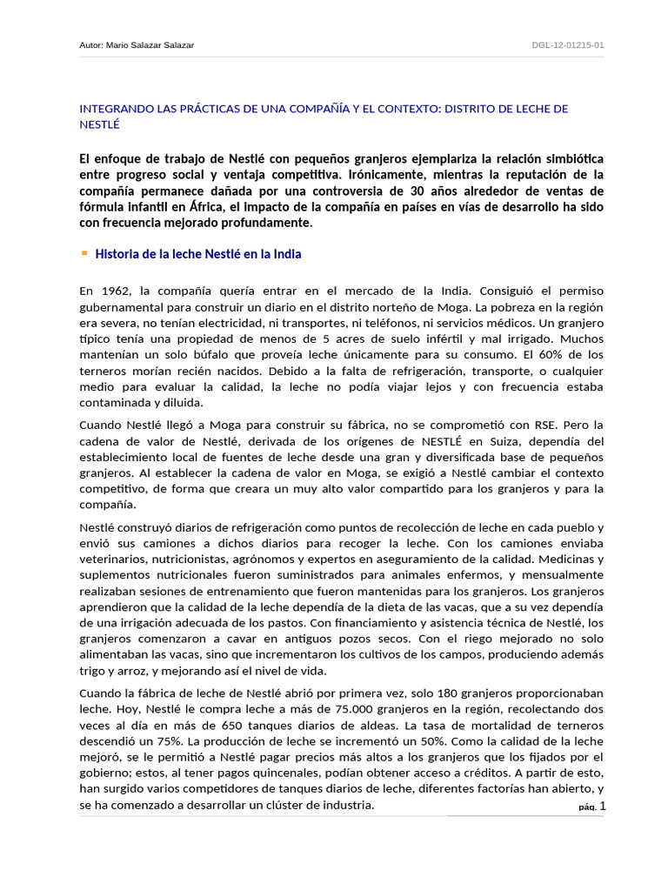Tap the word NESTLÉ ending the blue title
99,124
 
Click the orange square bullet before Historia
84,253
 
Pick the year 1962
119,290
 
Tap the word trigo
94,671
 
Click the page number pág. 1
591,807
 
